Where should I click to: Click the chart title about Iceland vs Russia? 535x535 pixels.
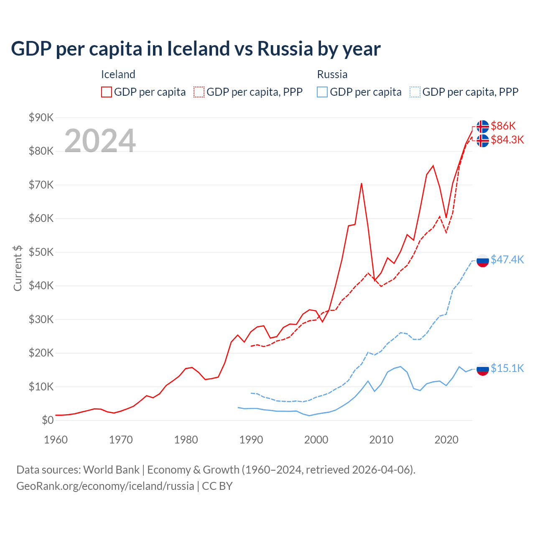(x=196, y=49)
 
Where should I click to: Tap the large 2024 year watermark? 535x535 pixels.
(x=100, y=141)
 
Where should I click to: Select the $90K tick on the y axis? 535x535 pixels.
(x=41, y=117)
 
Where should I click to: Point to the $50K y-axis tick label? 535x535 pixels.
(x=41, y=252)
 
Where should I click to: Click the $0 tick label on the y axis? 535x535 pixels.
(x=48, y=420)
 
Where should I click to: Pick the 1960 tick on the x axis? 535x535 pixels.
(x=56, y=440)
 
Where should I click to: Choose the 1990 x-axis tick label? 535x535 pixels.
(x=251, y=440)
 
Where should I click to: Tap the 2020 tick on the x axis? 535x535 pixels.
(x=446, y=440)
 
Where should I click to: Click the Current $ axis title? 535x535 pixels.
(x=18, y=268)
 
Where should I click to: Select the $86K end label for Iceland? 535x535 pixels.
(x=503, y=126)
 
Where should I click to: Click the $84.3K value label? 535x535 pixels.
(x=507, y=140)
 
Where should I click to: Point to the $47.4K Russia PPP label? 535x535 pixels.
(x=507, y=260)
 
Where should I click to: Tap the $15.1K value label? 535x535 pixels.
(x=507, y=368)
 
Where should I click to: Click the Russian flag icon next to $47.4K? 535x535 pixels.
(x=483, y=260)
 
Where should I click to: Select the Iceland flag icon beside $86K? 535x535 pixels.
(x=483, y=126)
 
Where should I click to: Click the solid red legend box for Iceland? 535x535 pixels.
(x=107, y=92)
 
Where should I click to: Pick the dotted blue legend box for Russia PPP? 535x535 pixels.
(x=415, y=92)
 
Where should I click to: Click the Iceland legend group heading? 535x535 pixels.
(x=118, y=74)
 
